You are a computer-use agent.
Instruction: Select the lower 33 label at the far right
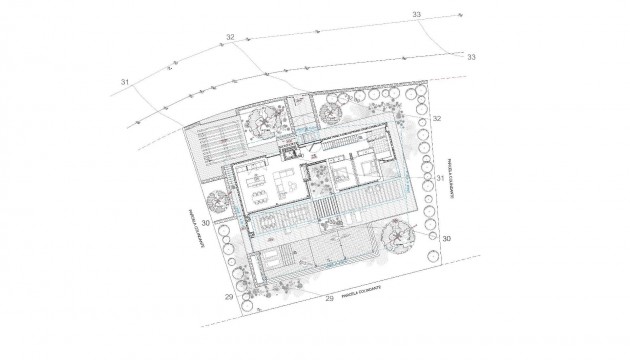471,58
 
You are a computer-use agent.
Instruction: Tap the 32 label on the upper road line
230,37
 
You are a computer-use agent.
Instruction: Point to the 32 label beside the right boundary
438,119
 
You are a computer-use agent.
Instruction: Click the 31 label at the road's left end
126,81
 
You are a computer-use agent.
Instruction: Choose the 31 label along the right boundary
440,177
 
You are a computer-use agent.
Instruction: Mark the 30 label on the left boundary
206,222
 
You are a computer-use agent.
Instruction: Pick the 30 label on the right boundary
446,239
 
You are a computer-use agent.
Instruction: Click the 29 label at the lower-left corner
229,297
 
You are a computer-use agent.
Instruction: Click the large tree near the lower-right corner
398,238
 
